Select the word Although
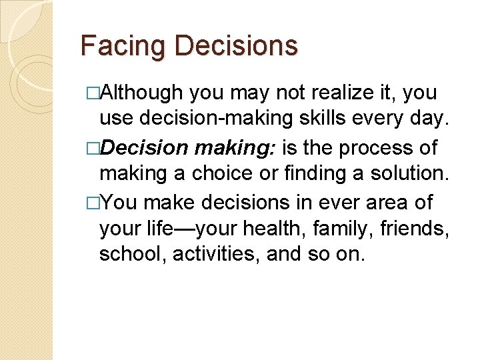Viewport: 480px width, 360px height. point(145,93)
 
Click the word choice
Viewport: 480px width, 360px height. point(215,173)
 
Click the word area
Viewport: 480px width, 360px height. point(373,202)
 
